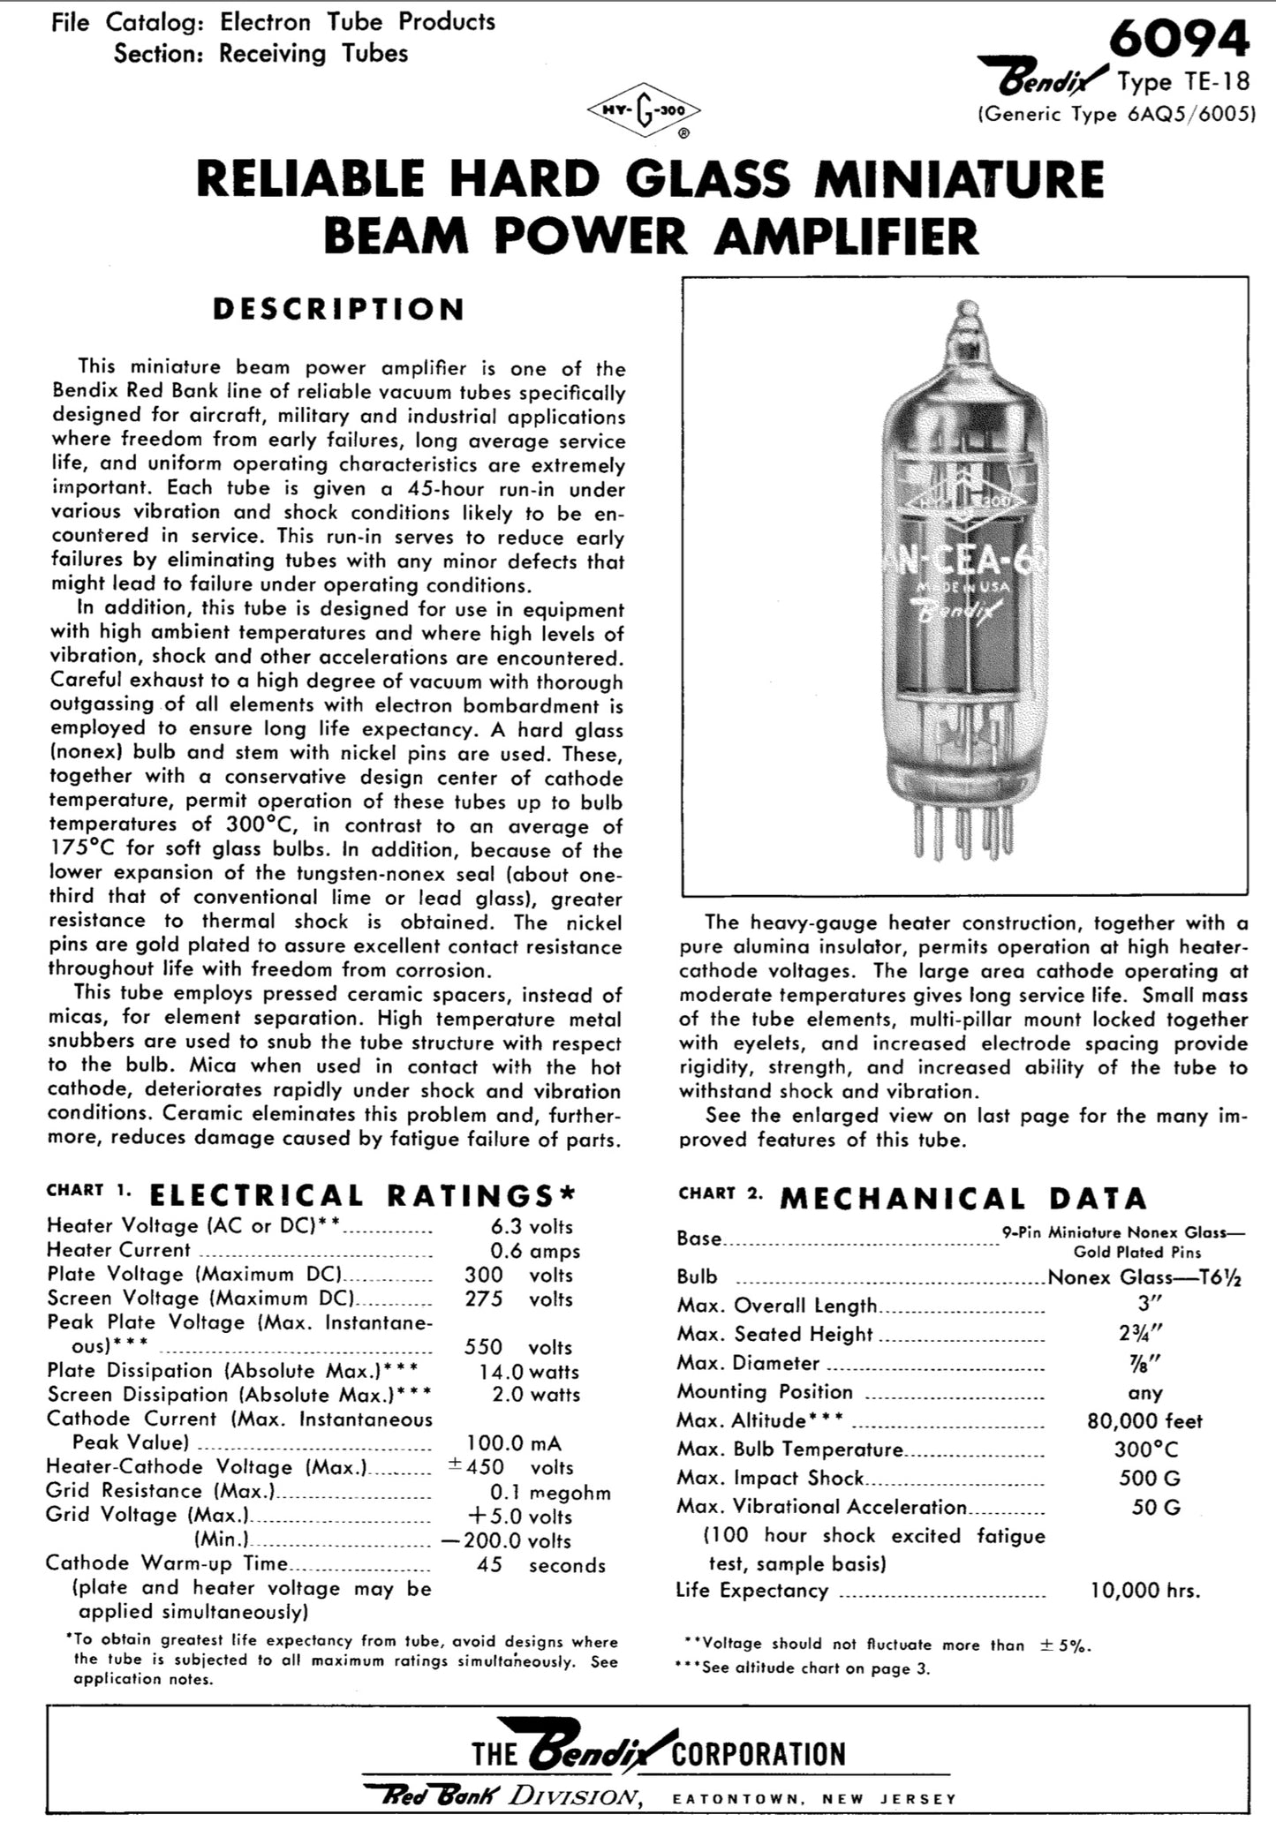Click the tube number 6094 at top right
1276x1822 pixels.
coord(1180,39)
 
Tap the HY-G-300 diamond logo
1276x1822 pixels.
coord(645,113)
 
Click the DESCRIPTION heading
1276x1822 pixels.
coord(338,309)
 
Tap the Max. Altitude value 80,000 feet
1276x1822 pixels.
coord(1144,1420)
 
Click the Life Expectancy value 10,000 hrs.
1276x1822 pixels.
coord(1146,1591)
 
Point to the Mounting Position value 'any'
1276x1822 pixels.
coord(1144,1392)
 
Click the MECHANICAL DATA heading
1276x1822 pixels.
coord(963,1198)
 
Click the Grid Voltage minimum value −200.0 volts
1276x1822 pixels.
coord(520,1540)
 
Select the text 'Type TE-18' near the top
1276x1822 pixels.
coord(1183,82)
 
